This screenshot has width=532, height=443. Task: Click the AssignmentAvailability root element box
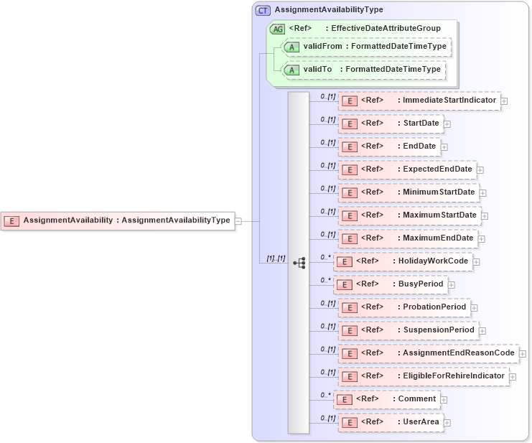(118, 220)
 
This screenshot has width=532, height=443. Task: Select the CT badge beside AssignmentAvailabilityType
(263, 10)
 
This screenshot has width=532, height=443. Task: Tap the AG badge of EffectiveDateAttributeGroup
(277, 29)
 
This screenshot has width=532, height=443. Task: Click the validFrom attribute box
(366, 47)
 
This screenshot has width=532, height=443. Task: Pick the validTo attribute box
(363, 70)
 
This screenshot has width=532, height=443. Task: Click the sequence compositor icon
(299, 264)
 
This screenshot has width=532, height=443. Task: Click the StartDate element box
(391, 123)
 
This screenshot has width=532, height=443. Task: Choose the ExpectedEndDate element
(407, 169)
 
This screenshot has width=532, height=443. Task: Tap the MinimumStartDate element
(409, 192)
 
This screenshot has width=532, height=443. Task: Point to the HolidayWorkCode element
(403, 261)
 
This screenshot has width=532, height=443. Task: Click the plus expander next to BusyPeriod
(452, 285)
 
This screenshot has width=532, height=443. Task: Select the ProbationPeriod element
(403, 307)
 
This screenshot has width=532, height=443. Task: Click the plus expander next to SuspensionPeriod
(482, 331)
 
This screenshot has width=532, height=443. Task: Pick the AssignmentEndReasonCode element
(429, 353)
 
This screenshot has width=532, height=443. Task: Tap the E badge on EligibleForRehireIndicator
(348, 376)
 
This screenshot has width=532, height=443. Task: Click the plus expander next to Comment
(444, 400)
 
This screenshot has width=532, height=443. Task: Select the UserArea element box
(391, 422)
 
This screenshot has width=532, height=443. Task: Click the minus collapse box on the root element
(238, 221)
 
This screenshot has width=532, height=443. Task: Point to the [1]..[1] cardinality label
(276, 258)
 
